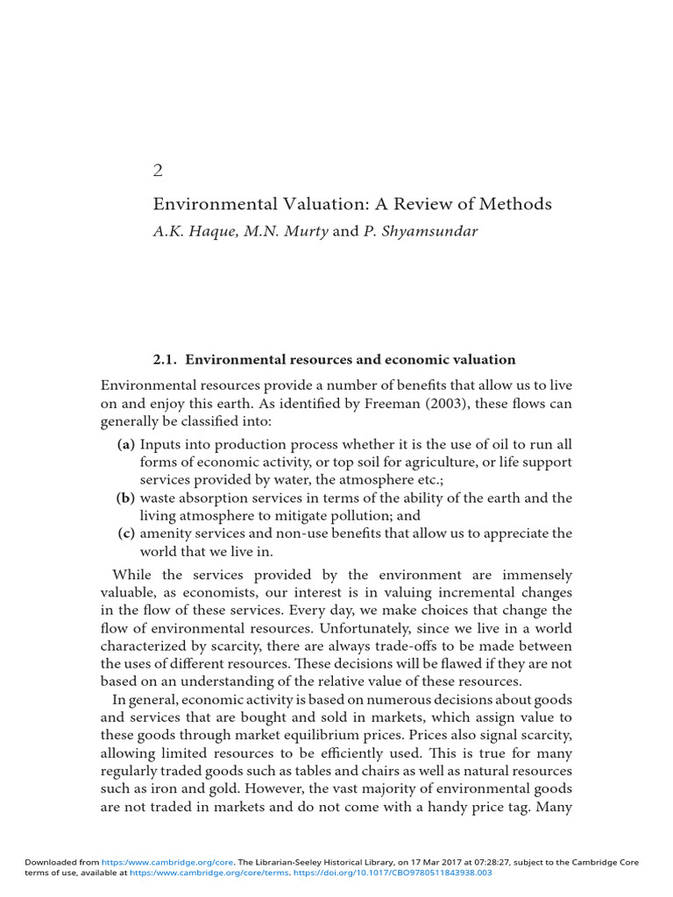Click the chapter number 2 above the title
tap(159, 171)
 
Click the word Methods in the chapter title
tap(519, 204)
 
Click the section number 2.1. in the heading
tap(166, 359)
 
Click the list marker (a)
tap(126, 445)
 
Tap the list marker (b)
tap(126, 498)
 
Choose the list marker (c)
tap(127, 533)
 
